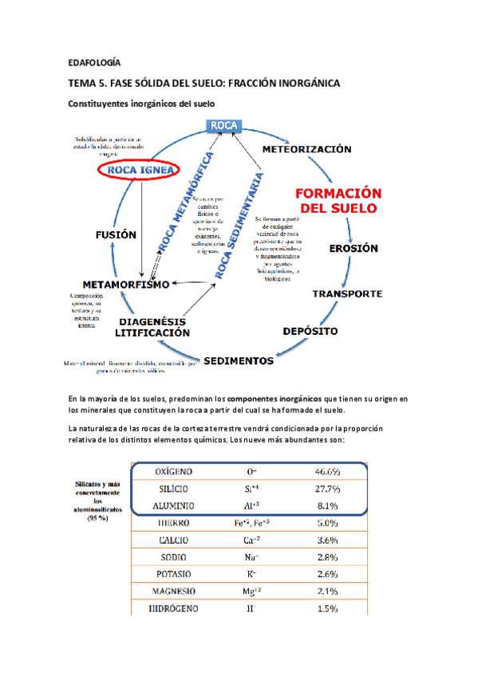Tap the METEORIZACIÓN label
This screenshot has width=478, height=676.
coord(306,149)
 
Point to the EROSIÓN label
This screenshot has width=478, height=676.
coord(354,248)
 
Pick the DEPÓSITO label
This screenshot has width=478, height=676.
coord(310,330)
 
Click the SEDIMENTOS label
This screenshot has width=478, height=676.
coord(239,360)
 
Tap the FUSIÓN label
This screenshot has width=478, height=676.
coord(116,235)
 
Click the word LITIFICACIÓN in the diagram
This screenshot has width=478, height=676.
coord(153,332)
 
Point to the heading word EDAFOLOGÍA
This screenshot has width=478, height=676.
coord(94,62)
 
